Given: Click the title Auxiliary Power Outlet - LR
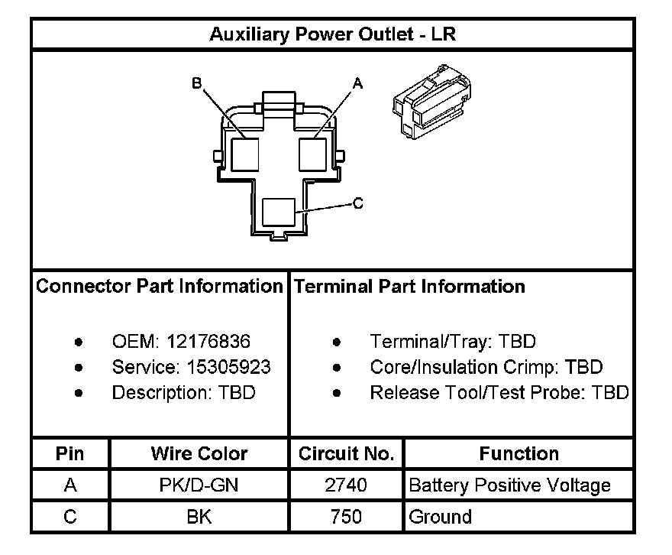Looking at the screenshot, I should (x=333, y=34).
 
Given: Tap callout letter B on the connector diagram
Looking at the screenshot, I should (x=197, y=83).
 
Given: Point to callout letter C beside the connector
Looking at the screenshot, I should (x=357, y=204).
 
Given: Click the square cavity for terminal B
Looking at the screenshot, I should (x=246, y=154).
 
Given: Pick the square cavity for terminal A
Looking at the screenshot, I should (x=312, y=154).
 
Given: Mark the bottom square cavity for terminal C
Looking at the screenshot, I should (x=279, y=212).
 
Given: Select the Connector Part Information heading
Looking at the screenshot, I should (x=160, y=287).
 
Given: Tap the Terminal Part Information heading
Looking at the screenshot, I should (x=410, y=287).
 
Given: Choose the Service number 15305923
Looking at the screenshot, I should (x=228, y=368).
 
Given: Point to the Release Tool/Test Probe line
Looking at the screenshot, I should (x=499, y=393).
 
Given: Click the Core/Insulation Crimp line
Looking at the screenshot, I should (x=486, y=368).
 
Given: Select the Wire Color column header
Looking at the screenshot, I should (x=199, y=453).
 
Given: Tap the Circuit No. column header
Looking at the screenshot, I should (x=346, y=453).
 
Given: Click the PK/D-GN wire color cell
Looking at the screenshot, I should (x=199, y=485).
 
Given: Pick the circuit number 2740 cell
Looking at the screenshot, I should (x=346, y=485).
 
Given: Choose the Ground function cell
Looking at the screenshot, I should (x=441, y=517).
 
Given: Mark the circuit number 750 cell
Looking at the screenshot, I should (x=346, y=517).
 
